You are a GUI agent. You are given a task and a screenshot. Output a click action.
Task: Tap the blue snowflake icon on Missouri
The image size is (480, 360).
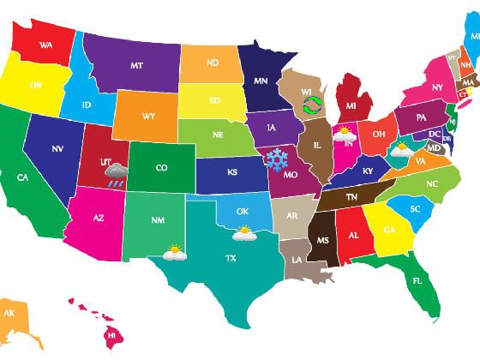276,159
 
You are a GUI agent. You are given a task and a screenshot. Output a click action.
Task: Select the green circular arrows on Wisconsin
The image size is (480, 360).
313,106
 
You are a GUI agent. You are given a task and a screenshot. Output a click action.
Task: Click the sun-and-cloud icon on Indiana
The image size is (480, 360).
345,133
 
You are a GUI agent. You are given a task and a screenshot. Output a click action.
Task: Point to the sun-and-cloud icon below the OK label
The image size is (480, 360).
244,231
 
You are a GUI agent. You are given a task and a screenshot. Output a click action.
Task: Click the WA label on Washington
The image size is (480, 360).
45,45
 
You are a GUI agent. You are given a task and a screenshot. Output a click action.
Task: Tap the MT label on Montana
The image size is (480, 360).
137,65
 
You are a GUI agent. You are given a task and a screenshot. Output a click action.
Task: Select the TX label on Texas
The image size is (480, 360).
231,258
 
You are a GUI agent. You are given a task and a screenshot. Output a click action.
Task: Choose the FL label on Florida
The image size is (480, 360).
417,281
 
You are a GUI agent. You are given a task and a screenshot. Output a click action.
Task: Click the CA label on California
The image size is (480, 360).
23,177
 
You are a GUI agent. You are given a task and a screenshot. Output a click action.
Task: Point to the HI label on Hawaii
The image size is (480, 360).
111,336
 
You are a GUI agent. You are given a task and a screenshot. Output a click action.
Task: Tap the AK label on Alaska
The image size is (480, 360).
9,314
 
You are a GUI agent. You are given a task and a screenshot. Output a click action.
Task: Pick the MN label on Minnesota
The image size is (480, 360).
261,81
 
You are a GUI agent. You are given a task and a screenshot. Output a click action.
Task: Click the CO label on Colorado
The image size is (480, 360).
161,168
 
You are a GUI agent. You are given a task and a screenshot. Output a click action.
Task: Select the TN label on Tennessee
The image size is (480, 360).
351,196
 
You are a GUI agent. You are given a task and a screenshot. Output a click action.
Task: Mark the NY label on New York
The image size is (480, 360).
437,87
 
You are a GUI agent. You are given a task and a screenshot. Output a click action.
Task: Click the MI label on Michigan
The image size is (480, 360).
351,106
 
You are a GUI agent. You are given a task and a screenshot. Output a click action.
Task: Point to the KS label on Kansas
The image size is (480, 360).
232,172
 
